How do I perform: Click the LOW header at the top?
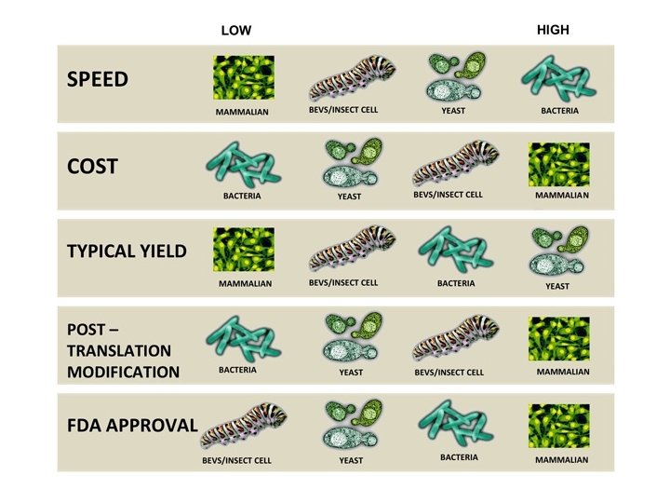click(x=236, y=31)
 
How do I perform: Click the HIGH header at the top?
click(x=553, y=30)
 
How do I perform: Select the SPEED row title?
click(x=97, y=79)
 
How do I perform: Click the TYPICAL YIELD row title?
click(x=127, y=251)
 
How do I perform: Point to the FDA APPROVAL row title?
click(x=132, y=426)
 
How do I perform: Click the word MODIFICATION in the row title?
click(x=123, y=373)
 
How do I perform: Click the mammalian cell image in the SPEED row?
click(x=244, y=77)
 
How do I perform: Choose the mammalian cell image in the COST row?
click(x=559, y=164)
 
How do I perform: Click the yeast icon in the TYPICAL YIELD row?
click(x=558, y=251)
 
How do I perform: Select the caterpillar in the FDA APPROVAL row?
click(x=245, y=427)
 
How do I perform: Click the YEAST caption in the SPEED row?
click(x=453, y=112)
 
